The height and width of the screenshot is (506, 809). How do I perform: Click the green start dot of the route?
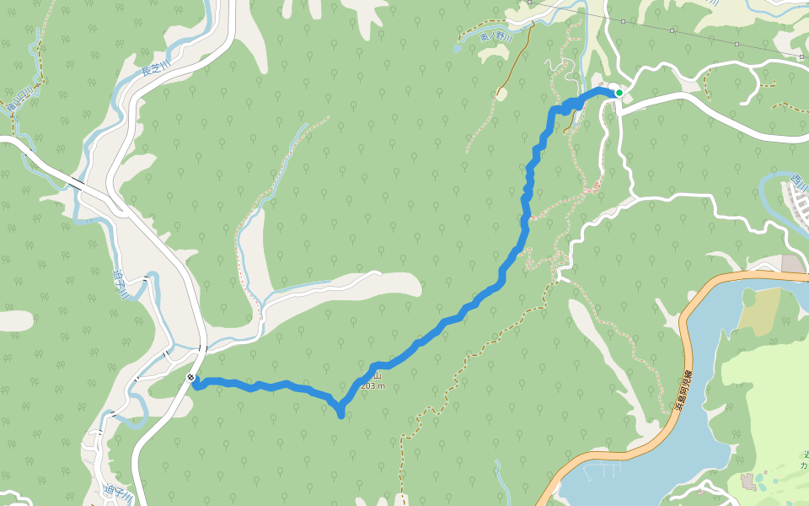[619, 93]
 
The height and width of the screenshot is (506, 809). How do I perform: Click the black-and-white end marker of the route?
[192, 378]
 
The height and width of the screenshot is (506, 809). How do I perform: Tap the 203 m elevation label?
[372, 386]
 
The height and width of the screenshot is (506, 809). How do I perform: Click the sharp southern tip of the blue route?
[340, 413]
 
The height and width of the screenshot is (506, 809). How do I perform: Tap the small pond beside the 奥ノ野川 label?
[457, 48]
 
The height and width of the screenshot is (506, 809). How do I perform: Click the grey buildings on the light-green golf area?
[749, 482]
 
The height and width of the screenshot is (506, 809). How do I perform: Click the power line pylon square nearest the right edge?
[801, 57]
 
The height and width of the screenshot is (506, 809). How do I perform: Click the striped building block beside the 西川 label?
[796, 202]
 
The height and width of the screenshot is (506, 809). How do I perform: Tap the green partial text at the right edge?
[803, 460]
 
